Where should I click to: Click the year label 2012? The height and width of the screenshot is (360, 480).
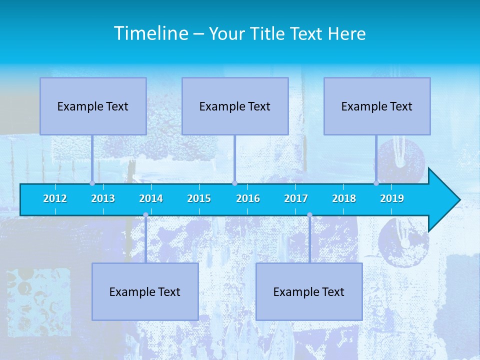click(x=55, y=198)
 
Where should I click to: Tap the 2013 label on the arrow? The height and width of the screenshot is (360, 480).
click(x=103, y=198)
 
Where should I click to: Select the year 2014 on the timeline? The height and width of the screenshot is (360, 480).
click(x=151, y=198)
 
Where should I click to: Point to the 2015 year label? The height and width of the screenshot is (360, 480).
click(x=199, y=198)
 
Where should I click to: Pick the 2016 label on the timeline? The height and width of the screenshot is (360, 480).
click(x=248, y=198)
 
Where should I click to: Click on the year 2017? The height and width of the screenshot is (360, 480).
click(x=296, y=198)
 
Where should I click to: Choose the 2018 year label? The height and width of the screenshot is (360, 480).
click(x=344, y=198)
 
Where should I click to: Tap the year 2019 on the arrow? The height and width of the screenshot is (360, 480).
click(x=392, y=198)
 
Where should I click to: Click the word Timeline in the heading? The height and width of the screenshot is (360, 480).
click(x=151, y=33)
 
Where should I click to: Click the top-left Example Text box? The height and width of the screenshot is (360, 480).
click(x=93, y=106)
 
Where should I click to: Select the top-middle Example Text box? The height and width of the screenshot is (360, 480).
click(x=235, y=106)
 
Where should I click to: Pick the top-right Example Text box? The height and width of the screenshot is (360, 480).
click(x=377, y=106)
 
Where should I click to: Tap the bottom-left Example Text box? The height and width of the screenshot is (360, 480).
click(x=145, y=292)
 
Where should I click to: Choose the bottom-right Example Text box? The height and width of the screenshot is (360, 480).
click(x=309, y=292)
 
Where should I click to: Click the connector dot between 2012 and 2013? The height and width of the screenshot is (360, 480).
click(x=92, y=183)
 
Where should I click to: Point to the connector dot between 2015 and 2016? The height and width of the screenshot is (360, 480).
click(x=234, y=183)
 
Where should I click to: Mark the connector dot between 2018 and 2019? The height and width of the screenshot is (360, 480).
click(x=376, y=183)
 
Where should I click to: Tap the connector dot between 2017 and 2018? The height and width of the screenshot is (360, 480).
click(x=309, y=215)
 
